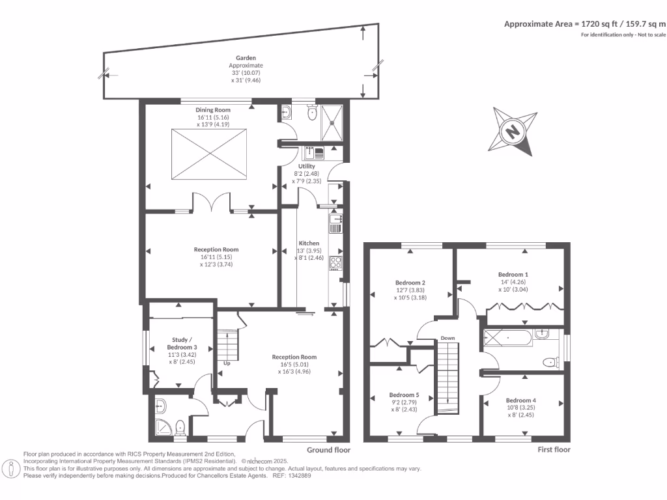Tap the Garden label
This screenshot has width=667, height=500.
pos(246,58)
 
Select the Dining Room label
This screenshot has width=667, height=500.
pos(213,110)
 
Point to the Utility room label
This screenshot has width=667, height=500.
pos(307,166)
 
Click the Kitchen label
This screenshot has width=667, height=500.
pos(309,243)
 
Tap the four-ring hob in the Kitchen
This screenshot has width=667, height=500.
pos(336,262)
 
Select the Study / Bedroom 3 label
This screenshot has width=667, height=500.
pos(182,344)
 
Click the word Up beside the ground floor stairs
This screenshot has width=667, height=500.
pos(227,363)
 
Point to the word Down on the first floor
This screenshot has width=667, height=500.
pos(447,338)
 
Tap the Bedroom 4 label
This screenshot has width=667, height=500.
pos(521,400)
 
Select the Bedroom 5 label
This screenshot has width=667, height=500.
pos(404,395)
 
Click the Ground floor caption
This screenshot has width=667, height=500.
pos(328,450)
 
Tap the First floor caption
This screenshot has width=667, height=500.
pos(554,450)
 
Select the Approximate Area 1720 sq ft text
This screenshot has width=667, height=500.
pos(585,23)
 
